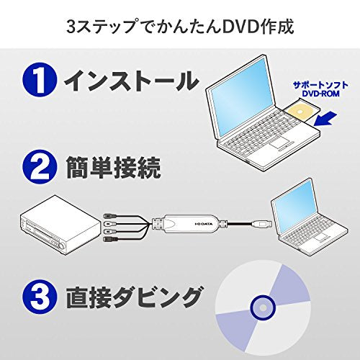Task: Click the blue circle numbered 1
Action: pos(40,80)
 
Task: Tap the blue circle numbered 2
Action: pos(40,167)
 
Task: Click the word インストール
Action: pos(131,80)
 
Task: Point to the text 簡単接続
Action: pos(113,167)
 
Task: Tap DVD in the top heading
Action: pos(240,27)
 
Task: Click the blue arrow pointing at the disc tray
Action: pos(326,119)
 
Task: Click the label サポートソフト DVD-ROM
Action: pos(320,89)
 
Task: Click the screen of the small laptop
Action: pos(295,204)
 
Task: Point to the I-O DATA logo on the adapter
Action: pos(204,224)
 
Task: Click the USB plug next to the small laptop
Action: pos(262,224)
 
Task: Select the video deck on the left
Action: pos(60,225)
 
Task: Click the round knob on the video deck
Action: pos(63,246)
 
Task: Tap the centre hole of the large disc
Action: pos(263,307)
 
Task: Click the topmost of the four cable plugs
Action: pos(109,215)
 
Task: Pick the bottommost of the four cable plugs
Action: pos(109,239)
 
